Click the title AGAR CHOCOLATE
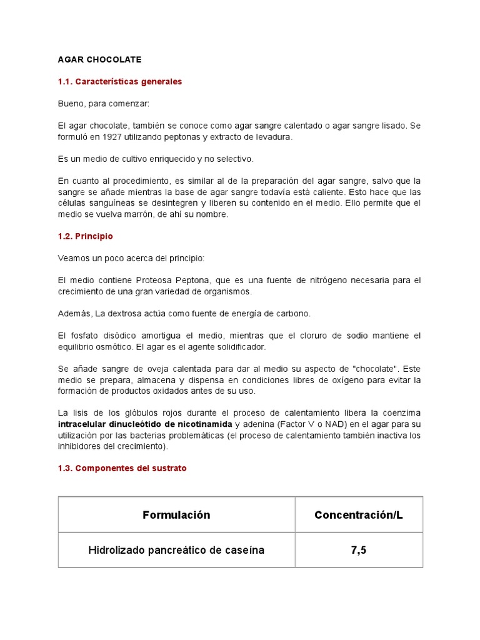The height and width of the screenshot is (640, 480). pyautogui.click(x=99, y=59)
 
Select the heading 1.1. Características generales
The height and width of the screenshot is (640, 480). pyautogui.click(x=120, y=81)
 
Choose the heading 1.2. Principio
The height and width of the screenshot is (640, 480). pyautogui.click(x=86, y=236)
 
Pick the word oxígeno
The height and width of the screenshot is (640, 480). pyautogui.click(x=327, y=380)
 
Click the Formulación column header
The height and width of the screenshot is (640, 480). pyautogui.click(x=176, y=515)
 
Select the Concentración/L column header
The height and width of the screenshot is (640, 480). pyautogui.click(x=359, y=515)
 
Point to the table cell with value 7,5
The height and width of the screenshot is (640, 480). pyautogui.click(x=359, y=550)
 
